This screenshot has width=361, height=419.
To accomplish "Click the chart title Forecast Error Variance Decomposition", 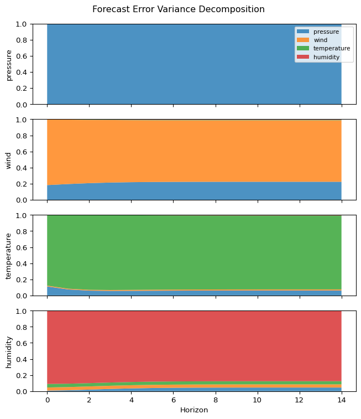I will click(x=178, y=9).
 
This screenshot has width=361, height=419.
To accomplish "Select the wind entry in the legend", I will click(x=320, y=40).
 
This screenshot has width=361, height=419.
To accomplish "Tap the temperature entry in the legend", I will click(x=331, y=49).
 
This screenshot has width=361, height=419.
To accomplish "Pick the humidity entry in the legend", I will click(x=326, y=57).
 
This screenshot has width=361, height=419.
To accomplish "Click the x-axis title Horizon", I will click(x=194, y=410).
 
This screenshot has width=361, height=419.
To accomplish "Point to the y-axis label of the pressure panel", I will click(x=9, y=64).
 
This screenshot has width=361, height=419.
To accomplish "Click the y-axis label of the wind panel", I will click(x=9, y=160).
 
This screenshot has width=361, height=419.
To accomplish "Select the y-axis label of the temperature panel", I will click(x=9, y=255).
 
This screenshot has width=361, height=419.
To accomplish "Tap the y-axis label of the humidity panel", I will click(x=9, y=351).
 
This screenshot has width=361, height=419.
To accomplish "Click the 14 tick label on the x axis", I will click(x=341, y=400).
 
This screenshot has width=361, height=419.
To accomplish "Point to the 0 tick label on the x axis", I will click(x=47, y=400).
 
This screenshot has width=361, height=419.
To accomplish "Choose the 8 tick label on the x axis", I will click(x=215, y=400).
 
